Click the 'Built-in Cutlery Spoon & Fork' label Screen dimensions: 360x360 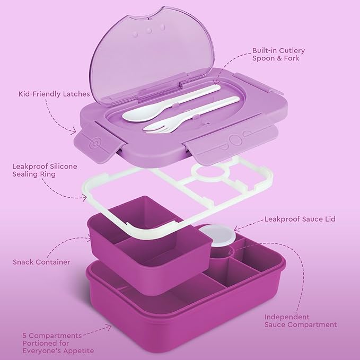(278, 55)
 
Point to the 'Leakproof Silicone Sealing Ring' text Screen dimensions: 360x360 (45, 170)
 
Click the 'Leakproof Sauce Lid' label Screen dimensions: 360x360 (292, 218)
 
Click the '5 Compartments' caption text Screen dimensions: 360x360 (52, 335)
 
